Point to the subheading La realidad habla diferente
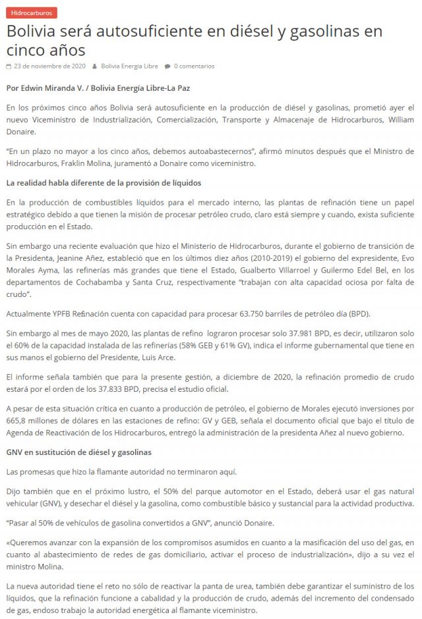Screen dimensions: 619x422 [x=103, y=182]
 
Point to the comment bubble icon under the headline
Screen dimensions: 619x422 [x=167, y=66]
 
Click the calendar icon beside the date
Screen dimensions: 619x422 [x=8, y=66]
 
